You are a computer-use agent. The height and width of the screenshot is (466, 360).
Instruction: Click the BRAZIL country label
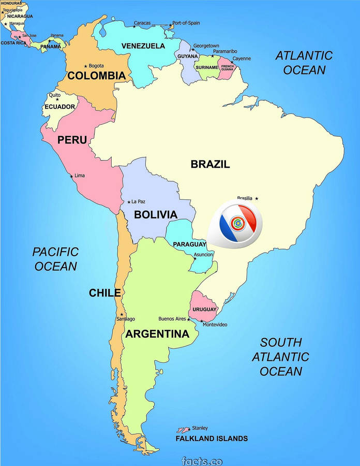pos(210,164)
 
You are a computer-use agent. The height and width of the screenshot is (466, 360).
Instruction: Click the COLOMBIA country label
pos(97,76)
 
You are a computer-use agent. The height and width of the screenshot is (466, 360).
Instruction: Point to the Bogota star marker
pos(85,66)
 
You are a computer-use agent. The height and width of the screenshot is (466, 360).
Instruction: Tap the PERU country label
pos(72,140)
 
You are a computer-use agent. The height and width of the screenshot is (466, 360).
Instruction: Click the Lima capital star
pos(72,176)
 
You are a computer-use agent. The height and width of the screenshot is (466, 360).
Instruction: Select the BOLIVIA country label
pos(156,214)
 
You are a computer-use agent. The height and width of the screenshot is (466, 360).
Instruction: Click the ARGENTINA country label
pos(157,334)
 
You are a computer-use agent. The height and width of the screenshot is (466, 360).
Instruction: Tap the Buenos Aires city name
pos(172,319)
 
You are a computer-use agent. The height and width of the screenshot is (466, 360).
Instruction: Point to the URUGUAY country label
pos(204,309)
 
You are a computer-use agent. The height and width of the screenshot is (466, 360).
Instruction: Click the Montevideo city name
pos(215,325)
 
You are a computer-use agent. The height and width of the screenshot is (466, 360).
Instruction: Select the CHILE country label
pos(104,293)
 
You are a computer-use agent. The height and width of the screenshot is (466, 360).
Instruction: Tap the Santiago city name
pos(126,319)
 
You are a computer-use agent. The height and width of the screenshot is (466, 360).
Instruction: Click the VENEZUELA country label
pos(143,46)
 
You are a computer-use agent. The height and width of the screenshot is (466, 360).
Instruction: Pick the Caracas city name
pos(142,23)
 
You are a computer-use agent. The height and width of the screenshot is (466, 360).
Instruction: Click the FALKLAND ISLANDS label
pos(212,439)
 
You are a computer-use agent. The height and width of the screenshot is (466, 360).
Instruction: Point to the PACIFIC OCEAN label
pos(55,259)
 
